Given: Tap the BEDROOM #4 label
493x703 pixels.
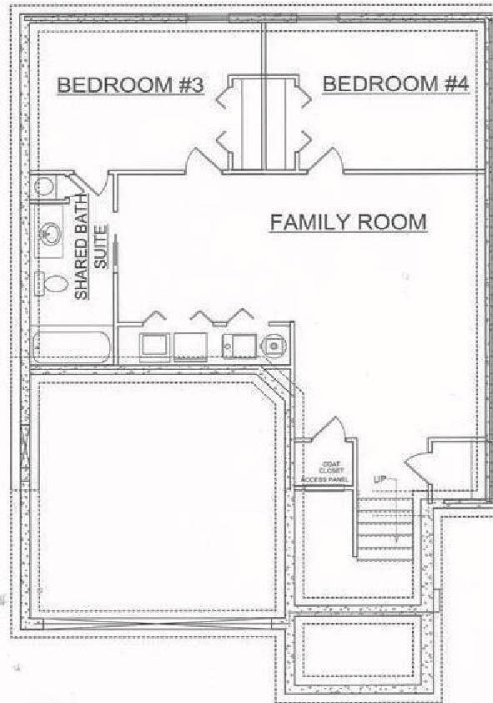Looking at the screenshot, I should coord(395,84).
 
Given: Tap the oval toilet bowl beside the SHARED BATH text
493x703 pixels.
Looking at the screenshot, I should coord(55,283).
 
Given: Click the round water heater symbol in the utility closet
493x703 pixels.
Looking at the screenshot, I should coord(273,344).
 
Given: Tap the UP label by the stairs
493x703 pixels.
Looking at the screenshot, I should coord(380,479).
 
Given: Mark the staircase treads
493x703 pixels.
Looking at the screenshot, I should coord(385,529).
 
